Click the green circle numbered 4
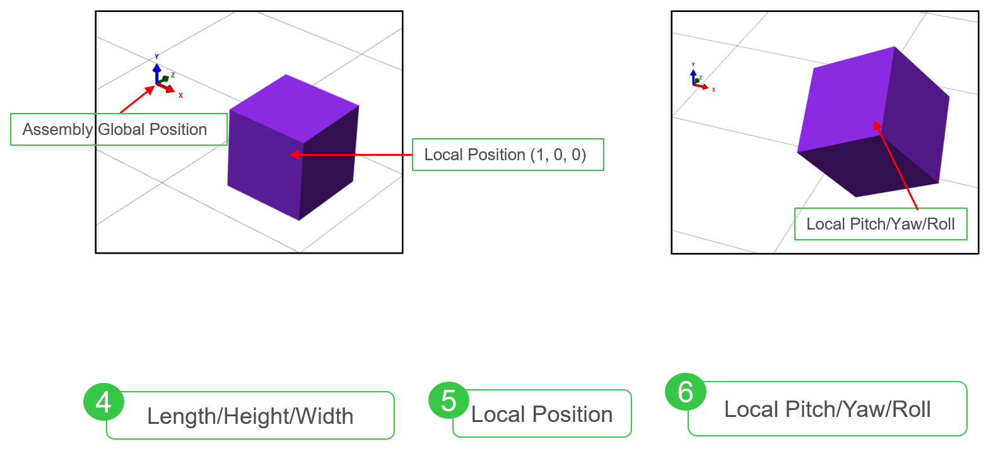click(103, 402)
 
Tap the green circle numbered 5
click(449, 400)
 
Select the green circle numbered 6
click(686, 392)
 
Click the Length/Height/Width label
click(250, 416)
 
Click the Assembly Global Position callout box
click(119, 129)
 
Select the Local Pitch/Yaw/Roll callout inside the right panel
click(881, 224)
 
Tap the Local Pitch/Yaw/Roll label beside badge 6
click(828, 409)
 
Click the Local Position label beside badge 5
click(542, 414)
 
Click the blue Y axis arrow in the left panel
click(156, 73)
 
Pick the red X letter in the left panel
click(180, 95)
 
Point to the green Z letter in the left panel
click(173, 75)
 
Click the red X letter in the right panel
click(713, 90)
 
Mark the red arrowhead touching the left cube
click(295, 155)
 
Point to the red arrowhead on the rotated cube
click(877, 126)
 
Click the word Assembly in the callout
click(57, 129)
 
